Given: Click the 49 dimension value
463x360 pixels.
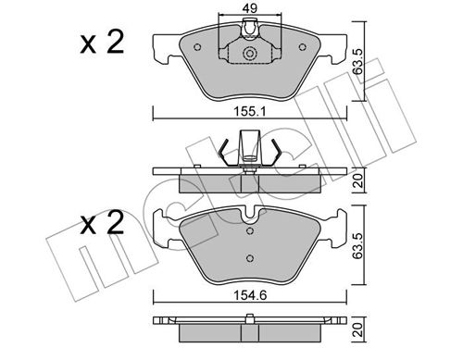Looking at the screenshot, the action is (249, 8).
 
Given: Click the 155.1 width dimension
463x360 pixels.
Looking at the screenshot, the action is (249, 112).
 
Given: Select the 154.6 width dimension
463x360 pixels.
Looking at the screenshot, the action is (250, 295).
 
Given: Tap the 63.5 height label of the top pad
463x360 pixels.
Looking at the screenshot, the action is (357, 61).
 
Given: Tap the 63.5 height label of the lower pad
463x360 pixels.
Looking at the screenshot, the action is (357, 246).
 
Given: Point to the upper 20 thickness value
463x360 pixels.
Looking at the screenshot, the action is (358, 180).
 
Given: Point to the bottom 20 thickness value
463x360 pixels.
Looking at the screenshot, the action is (358, 329).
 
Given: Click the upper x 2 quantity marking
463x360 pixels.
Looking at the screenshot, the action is (102, 43).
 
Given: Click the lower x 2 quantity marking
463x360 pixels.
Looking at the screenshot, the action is (102, 223).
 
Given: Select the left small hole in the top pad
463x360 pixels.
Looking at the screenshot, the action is (197, 47).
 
